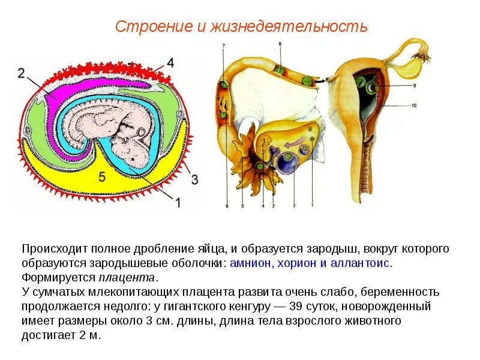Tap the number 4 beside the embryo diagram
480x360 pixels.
(x=171, y=63)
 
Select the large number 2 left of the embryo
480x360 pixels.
(x=22, y=73)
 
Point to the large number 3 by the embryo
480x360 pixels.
(x=193, y=179)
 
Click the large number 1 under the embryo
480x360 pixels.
(x=177, y=203)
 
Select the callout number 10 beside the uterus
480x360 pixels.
(x=412, y=106)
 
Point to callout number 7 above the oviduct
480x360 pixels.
(x=223, y=46)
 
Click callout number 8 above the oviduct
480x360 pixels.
(x=279, y=44)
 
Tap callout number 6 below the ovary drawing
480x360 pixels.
(x=227, y=206)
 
